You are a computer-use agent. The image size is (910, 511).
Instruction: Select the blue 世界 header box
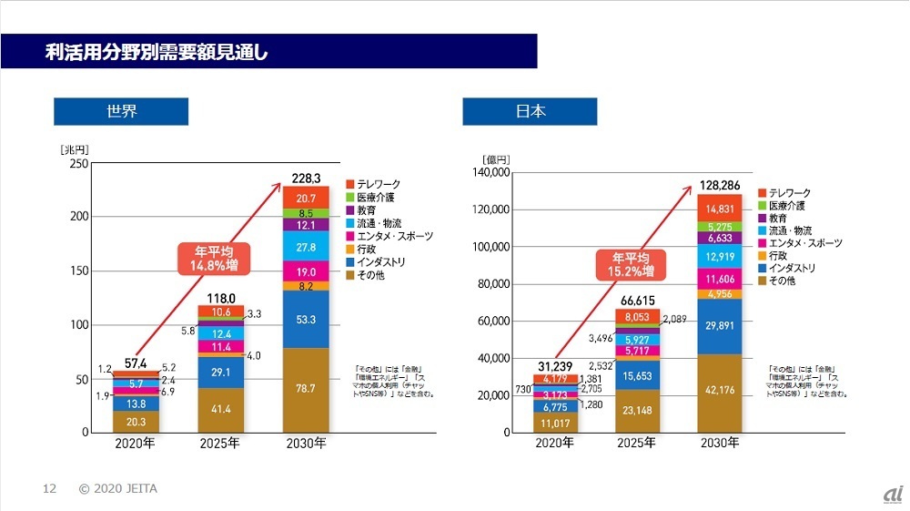(121, 112)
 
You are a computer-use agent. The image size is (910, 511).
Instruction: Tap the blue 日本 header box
(530, 112)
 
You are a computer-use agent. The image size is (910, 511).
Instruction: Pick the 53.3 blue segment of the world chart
(306, 319)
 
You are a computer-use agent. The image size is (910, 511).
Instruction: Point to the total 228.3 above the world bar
(307, 178)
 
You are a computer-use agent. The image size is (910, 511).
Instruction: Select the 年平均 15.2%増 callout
(627, 264)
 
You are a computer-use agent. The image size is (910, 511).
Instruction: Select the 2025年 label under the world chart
(220, 445)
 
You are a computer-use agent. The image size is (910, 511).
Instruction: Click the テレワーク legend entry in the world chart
(376, 185)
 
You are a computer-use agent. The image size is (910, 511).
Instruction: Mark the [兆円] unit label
(76, 148)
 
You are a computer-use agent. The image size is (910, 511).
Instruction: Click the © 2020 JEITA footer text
(118, 489)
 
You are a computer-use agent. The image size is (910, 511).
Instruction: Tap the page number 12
(50, 489)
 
